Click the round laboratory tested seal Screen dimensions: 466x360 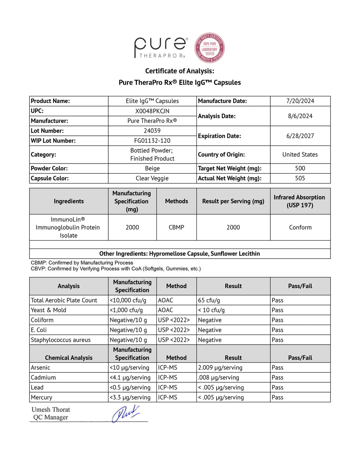coord(210,48)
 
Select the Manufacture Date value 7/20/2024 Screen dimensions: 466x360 coord(300,101)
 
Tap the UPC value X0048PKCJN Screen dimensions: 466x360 coord(152,111)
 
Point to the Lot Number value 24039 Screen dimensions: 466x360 coord(152,131)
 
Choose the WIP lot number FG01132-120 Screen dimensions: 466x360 coord(152,141)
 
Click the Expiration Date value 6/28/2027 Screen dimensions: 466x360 coord(300,136)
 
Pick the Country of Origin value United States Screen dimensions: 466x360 coord(300,154)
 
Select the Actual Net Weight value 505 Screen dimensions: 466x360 coord(300,178)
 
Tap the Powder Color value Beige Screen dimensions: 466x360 coord(152,168)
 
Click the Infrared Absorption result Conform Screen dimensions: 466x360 coord(300,228)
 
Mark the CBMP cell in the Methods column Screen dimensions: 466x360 coord(176,228)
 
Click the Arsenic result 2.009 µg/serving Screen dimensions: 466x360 coord(220,368)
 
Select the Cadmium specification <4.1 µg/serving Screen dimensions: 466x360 coord(130,377)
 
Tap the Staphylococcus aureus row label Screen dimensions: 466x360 coord(61,340)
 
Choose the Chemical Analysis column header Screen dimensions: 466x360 coord(69,358)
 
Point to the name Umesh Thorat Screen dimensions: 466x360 coord(51,410)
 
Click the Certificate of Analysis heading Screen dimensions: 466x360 coord(180,71)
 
